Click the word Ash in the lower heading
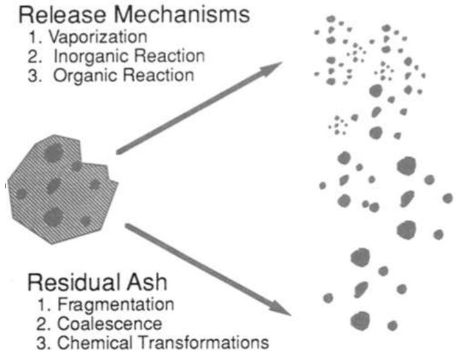pyautogui.click(x=153, y=283)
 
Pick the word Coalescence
pyautogui.click(x=110, y=323)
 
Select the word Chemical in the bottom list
pyautogui.click(x=86, y=342)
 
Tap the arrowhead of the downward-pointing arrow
pyautogui.click(x=279, y=307)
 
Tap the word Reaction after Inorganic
pyautogui.click(x=172, y=56)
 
